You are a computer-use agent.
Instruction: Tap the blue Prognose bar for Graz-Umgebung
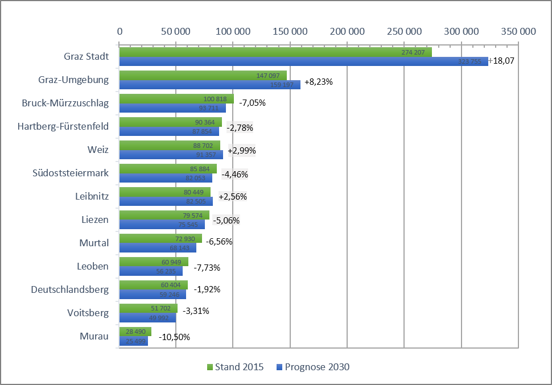[209, 85]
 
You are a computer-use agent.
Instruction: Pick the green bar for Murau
[135, 332]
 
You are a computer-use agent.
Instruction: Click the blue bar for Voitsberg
[147, 318]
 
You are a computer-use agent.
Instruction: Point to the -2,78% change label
[240, 127]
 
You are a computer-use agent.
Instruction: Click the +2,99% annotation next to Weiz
[242, 151]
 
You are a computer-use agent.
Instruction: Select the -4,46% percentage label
[234, 175]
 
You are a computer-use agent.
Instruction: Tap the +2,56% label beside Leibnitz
[233, 197]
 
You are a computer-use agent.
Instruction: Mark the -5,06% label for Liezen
[226, 220]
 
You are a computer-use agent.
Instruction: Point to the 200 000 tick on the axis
[347, 32]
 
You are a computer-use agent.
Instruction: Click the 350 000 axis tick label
[518, 32]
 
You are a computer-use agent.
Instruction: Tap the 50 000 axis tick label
[175, 32]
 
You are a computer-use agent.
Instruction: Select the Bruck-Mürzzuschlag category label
[65, 103]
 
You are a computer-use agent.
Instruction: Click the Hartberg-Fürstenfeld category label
[63, 126]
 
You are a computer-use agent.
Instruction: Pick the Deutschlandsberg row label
[69, 289]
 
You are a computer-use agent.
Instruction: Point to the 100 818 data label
[215, 99]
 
